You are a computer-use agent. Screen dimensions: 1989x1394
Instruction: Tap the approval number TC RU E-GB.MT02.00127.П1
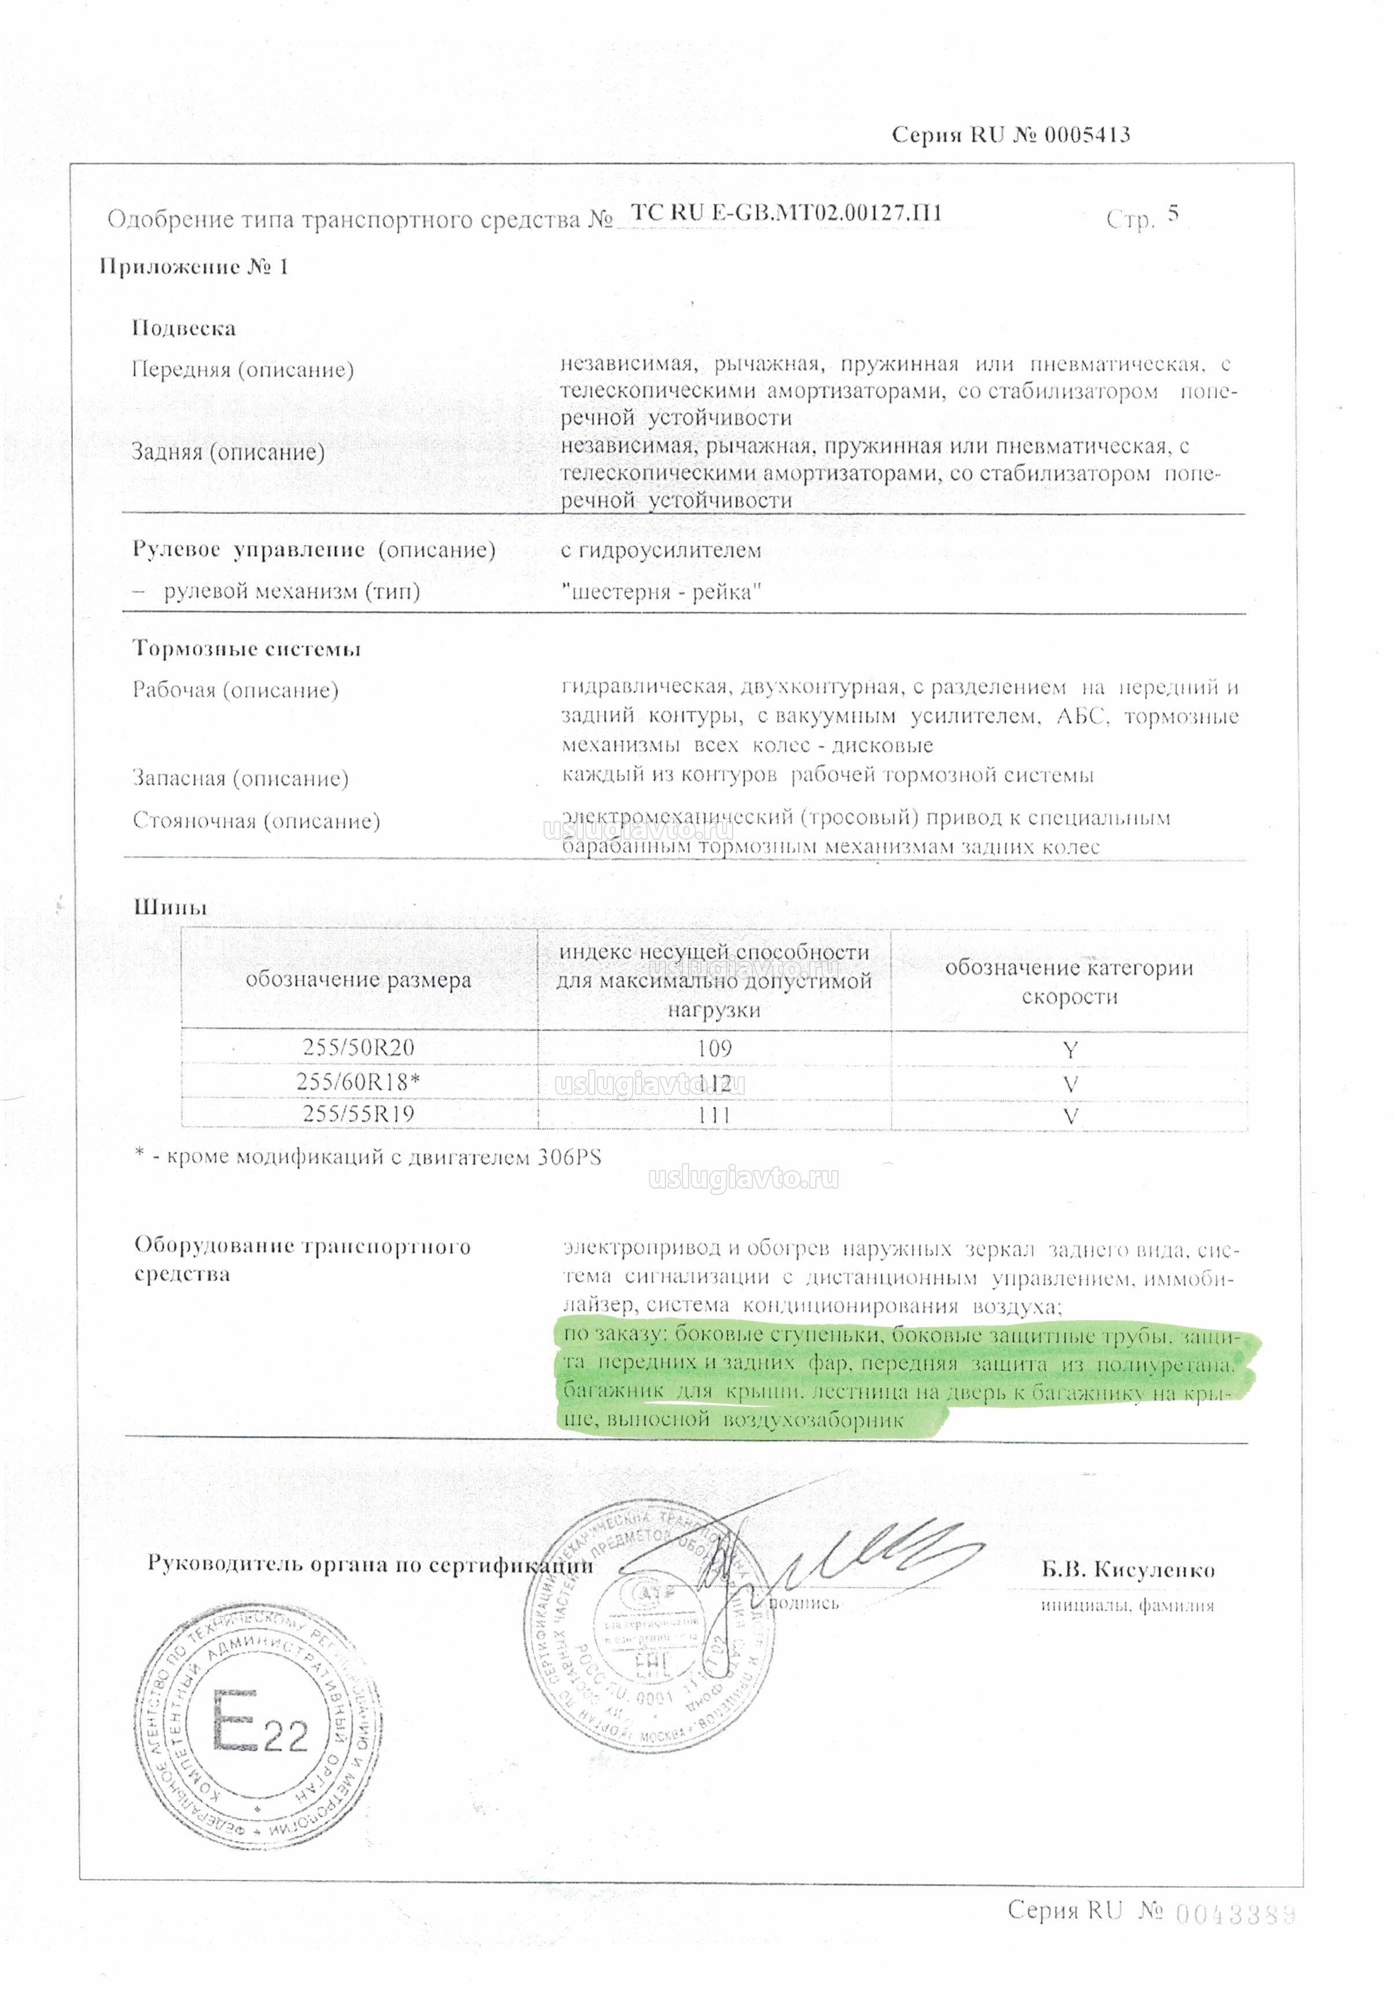pyautogui.click(x=786, y=213)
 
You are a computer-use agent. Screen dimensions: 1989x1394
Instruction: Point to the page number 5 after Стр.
pyautogui.click(x=1172, y=213)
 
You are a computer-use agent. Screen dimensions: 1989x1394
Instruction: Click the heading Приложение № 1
pyautogui.click(x=193, y=267)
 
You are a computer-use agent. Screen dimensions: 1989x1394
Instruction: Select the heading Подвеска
pyautogui.click(x=183, y=328)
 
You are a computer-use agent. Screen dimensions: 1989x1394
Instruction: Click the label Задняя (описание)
pyautogui.click(x=228, y=451)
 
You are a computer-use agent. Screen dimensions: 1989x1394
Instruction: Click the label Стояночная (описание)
pyautogui.click(x=256, y=821)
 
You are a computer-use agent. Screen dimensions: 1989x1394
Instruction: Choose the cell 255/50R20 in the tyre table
pyautogui.click(x=359, y=1047)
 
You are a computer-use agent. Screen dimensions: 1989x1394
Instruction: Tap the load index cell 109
pyautogui.click(x=714, y=1048)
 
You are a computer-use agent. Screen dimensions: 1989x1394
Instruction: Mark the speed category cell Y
pyautogui.click(x=1070, y=1050)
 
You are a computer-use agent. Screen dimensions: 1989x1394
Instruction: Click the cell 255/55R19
pyautogui.click(x=359, y=1114)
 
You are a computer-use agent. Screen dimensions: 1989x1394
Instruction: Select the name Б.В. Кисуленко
pyautogui.click(x=1127, y=1569)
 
